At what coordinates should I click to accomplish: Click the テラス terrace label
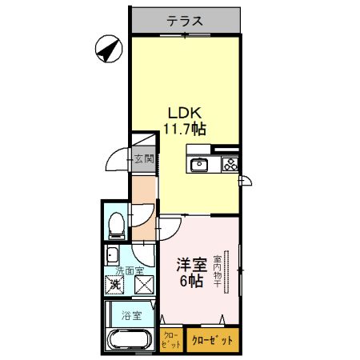(185, 22)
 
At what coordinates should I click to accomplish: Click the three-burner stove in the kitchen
(230, 166)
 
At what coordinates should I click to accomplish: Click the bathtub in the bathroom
(128, 339)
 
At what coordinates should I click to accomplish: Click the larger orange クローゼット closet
(213, 340)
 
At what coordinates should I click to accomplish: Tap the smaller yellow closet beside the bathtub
(170, 340)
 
